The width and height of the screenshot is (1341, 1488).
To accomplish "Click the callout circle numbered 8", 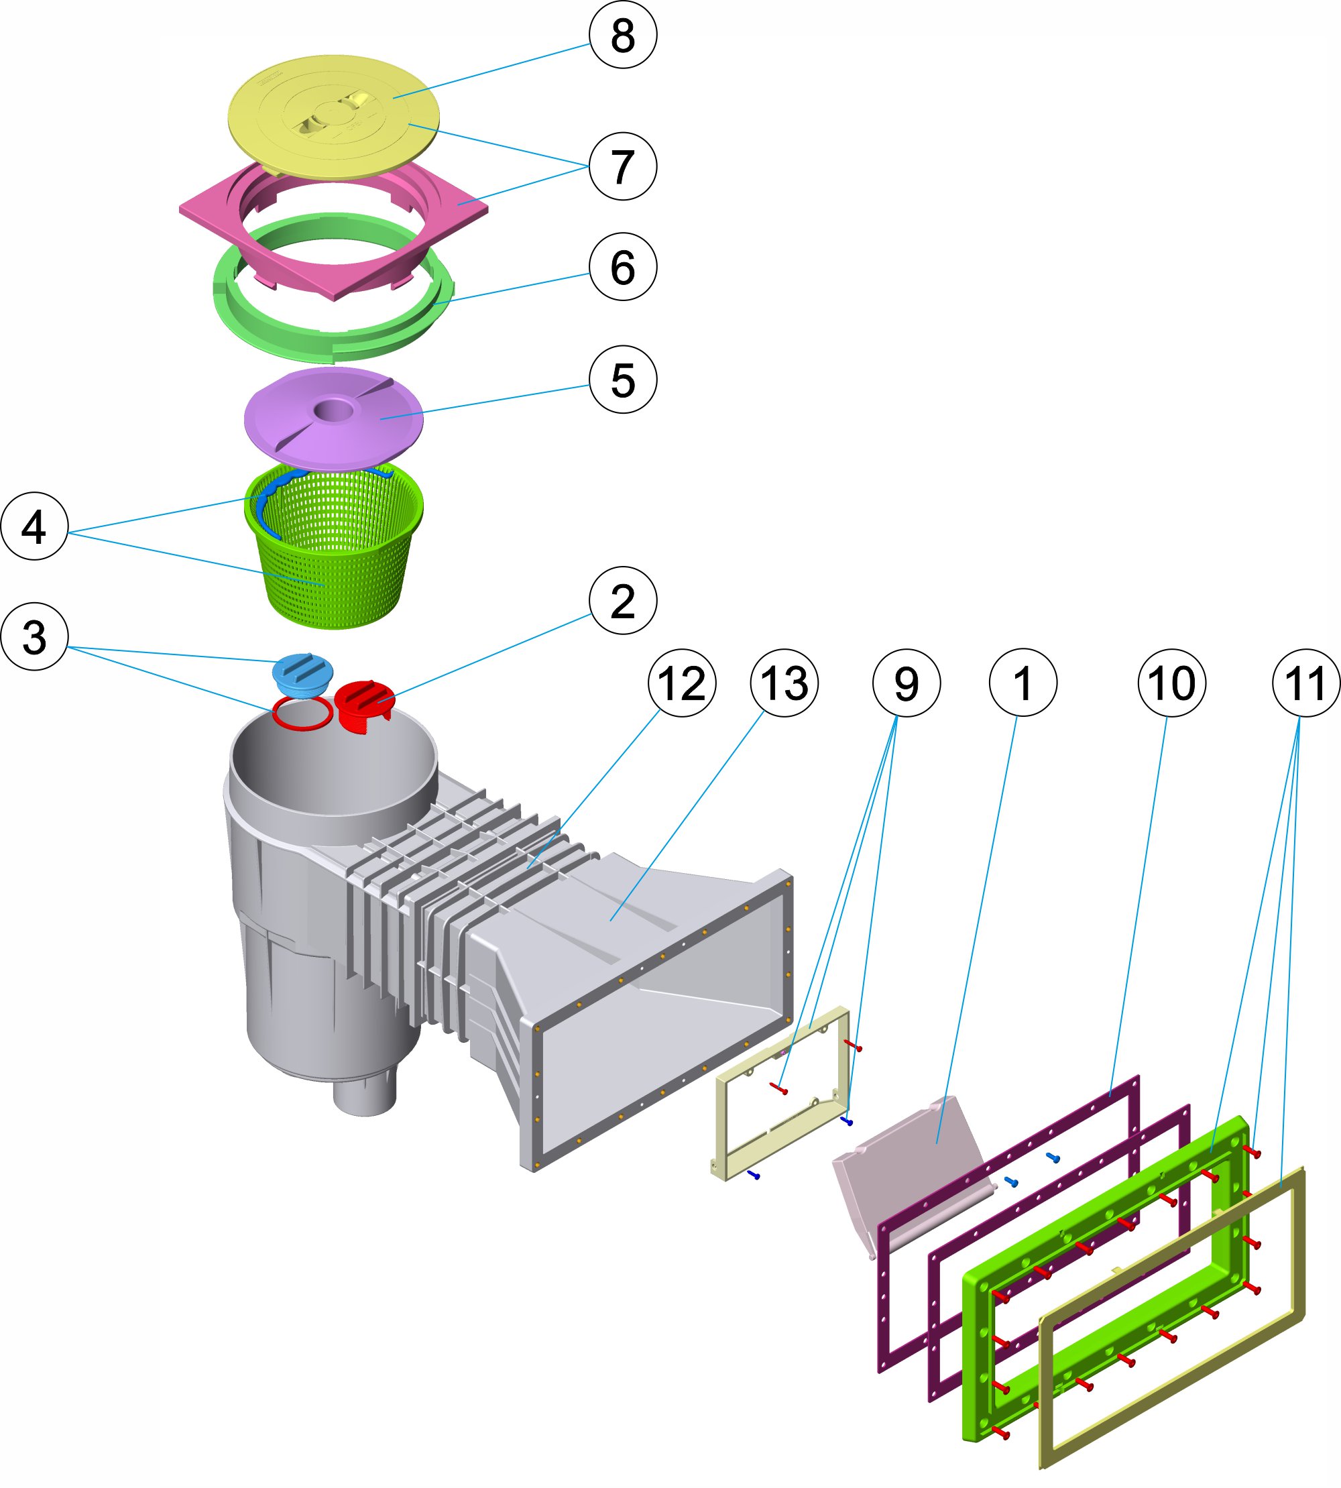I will coord(623,35).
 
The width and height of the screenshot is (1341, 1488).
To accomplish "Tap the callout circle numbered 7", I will coord(623,166).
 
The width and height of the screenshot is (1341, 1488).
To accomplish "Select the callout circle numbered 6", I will coord(623,266).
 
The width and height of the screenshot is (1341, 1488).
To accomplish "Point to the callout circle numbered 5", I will coord(623,380).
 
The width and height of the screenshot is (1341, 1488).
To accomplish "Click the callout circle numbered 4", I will coord(35,526).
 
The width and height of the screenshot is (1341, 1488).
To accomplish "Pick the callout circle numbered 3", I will coord(35,636).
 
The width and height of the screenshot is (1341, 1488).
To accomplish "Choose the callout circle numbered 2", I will coord(623,601).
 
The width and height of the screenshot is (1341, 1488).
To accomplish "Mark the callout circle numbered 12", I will coord(681,683).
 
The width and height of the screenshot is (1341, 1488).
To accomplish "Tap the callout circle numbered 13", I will coord(784,683).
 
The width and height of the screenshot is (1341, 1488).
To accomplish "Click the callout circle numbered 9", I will coord(907,683).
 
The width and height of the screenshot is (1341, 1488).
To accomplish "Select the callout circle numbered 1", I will coord(1023,683).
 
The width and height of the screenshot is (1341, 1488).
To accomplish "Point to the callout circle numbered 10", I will coord(1171,683).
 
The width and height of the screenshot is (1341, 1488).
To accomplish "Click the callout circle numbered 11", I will coord(1305,683).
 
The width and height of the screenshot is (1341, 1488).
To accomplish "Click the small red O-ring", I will coord(302,715).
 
